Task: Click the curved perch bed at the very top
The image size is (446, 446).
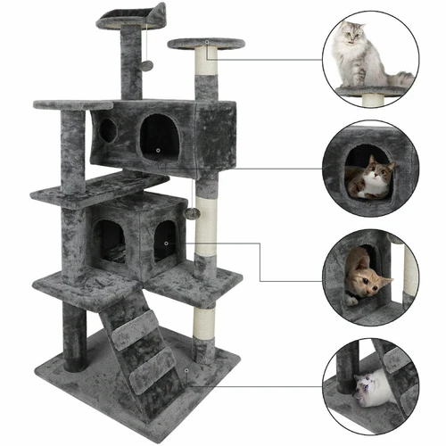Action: point(131,15)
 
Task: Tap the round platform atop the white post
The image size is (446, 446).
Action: point(205,43)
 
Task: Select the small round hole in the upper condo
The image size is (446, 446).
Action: point(107,131)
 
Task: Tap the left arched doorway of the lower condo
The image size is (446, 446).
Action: point(110,242)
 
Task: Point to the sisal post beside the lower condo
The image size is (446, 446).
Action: point(207,223)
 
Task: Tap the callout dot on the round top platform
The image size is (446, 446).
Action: point(206,42)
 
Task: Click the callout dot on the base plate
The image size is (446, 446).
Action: point(186,369)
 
